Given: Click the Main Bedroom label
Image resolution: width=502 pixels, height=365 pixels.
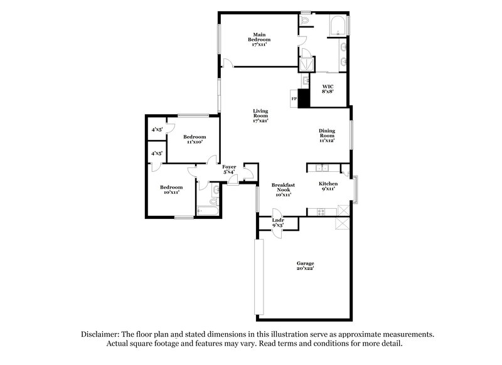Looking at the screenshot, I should [257, 40].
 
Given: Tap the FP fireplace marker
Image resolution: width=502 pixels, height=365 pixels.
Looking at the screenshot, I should [294, 98].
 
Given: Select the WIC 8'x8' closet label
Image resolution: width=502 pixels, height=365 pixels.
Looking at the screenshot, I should [328, 88].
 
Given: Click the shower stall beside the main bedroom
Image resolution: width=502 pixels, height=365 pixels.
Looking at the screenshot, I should [307, 65].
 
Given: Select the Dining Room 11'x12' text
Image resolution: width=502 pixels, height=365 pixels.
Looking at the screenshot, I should [328, 135].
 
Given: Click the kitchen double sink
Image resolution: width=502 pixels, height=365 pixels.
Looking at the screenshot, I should [323, 167].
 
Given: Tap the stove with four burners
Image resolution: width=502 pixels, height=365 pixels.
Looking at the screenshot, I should [322, 211].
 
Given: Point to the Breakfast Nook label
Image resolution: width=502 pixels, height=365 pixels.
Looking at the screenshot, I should [283, 189].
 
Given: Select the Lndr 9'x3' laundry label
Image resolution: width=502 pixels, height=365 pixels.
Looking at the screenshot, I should [278, 223].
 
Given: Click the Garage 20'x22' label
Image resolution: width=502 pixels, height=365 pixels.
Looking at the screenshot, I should [305, 265].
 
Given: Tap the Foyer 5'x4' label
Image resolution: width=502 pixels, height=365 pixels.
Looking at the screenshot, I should [229, 169].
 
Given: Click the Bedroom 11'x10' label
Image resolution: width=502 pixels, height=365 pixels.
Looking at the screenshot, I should [194, 139].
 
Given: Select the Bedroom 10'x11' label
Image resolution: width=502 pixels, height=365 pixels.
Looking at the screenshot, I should [171, 189].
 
